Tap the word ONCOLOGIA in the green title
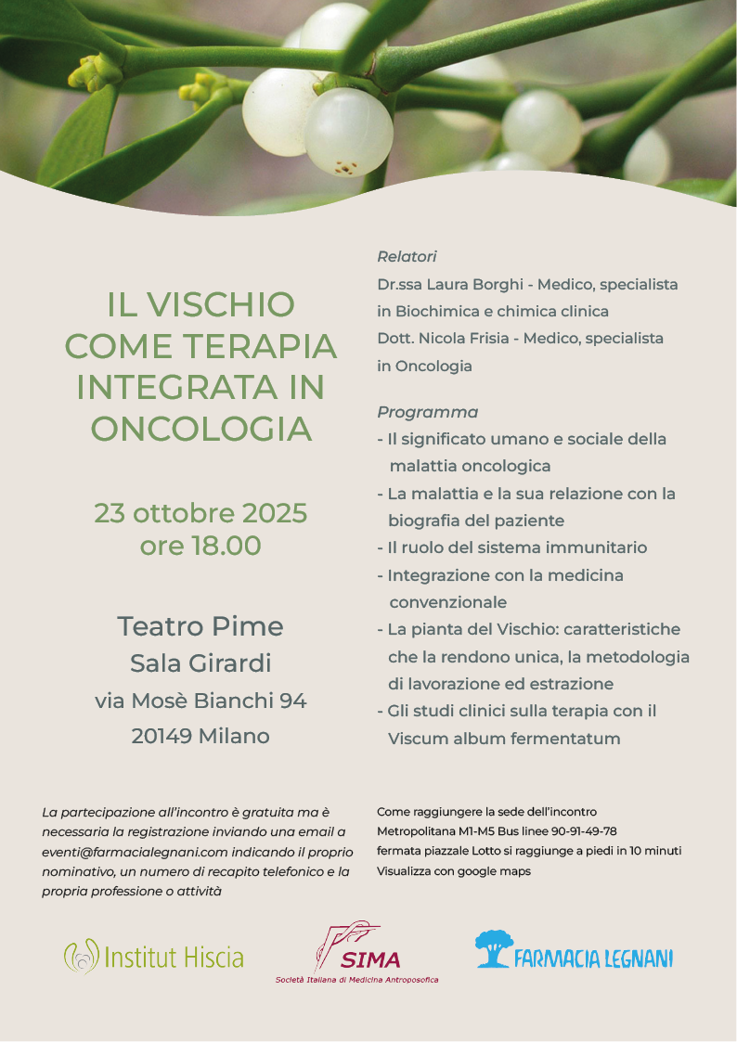(x=200, y=429)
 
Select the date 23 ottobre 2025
(x=200, y=512)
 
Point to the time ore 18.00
(x=200, y=546)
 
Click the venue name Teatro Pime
(x=200, y=626)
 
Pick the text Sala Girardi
(x=200, y=663)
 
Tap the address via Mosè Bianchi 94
(x=200, y=701)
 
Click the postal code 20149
(x=162, y=737)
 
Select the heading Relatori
(x=407, y=257)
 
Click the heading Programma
(x=427, y=412)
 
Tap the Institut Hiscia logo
(x=154, y=958)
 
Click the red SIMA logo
(x=357, y=951)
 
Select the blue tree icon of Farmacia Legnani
(x=494, y=949)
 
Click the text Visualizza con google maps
(x=454, y=871)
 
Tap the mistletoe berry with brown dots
(x=348, y=132)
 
